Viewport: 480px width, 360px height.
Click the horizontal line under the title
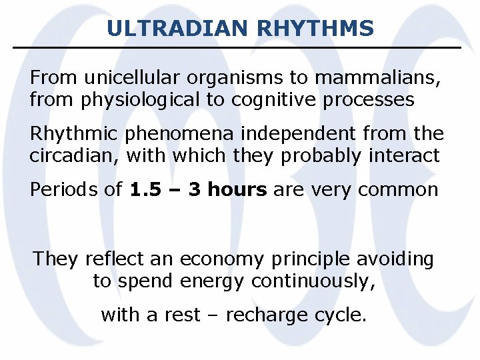click(x=237, y=47)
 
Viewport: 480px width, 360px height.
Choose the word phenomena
click(x=171, y=133)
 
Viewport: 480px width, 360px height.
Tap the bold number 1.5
click(x=145, y=190)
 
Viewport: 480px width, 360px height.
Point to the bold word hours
click(x=237, y=190)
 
